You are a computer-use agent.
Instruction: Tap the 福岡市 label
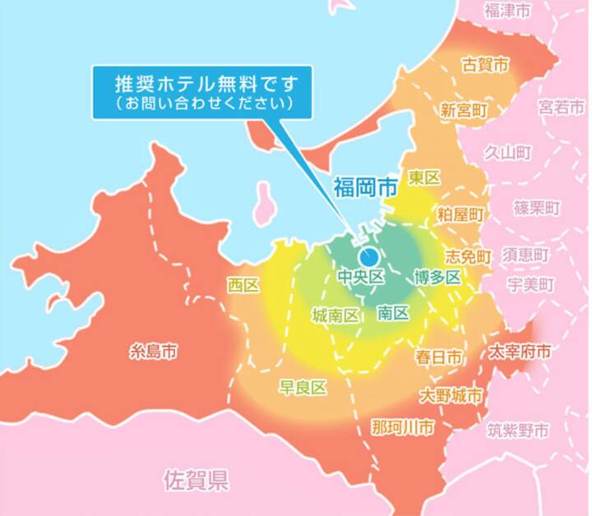pyautogui.click(x=365, y=187)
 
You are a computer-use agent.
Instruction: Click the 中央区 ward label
pyautogui.click(x=362, y=278)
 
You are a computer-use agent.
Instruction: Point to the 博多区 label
pyautogui.click(x=437, y=278)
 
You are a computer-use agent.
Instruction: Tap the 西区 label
pyautogui.click(x=243, y=285)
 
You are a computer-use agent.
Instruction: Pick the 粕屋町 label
pyautogui.click(x=460, y=214)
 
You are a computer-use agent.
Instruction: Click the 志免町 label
pyautogui.click(x=468, y=256)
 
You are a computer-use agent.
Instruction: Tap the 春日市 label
pyautogui.click(x=438, y=357)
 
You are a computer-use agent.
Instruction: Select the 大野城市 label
pyautogui.click(x=451, y=396)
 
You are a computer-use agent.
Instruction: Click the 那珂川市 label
pyautogui.click(x=402, y=428)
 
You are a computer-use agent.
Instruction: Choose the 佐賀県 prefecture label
pyautogui.click(x=196, y=479)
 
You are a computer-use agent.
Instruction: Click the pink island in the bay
pyautogui.click(x=266, y=204)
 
